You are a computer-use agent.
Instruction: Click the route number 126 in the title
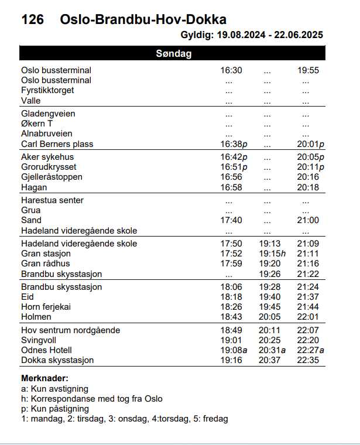coord(32,19)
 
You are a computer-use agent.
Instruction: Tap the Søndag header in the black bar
coord(174,54)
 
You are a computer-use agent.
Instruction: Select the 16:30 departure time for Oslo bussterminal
coord(231,70)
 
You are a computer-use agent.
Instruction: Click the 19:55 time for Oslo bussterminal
coord(308,70)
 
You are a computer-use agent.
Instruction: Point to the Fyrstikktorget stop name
coord(47,90)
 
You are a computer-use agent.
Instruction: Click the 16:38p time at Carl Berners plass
coord(234,144)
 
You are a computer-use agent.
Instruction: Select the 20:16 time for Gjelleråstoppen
coord(308,177)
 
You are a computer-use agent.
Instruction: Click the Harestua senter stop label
coord(52,200)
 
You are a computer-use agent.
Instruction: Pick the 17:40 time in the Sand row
coord(231,220)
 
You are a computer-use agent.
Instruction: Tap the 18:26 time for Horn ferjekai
coord(231,307)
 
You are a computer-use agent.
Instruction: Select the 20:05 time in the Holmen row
coord(269,317)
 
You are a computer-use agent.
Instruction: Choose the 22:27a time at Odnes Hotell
coord(310,350)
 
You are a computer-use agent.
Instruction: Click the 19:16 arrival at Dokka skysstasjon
coord(231,360)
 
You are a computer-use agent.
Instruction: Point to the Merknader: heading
coord(44,379)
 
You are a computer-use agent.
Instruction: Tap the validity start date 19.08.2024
coord(241,35)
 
